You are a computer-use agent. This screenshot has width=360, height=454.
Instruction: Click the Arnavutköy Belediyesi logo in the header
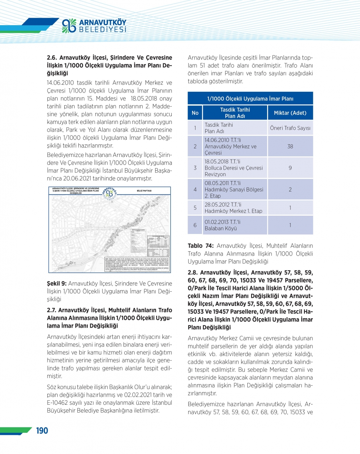pos(94,26)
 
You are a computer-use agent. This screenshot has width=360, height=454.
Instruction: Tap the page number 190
pos(42,431)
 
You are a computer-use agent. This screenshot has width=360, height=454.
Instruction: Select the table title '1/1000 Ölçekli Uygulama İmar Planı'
pos(250,99)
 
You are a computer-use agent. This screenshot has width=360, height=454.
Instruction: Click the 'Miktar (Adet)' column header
pos(290,113)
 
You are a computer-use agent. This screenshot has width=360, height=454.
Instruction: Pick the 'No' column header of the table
pos(195,113)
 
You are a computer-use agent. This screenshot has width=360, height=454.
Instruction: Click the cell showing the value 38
pos(290,147)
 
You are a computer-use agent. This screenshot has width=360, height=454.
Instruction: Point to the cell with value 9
pos(290,168)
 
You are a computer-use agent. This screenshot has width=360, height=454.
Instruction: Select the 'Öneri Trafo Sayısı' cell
pos(290,128)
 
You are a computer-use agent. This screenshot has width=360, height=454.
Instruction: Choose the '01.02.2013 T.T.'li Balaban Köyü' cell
pos(235,225)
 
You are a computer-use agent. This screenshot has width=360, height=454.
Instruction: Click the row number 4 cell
pos(195,189)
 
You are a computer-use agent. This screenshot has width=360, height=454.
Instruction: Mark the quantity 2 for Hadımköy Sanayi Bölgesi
pos(290,189)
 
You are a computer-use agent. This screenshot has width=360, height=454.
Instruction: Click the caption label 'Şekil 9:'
pos(57,284)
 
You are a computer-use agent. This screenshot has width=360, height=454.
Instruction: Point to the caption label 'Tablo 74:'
pos(201,246)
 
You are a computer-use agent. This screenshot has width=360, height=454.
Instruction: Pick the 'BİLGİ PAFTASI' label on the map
pos(144,191)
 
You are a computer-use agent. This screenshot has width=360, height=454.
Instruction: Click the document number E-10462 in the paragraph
pos(59,403)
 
